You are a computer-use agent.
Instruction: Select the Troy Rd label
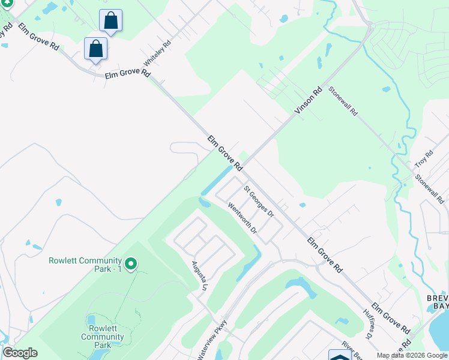click(x=424, y=160)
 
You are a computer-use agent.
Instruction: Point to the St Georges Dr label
click(x=259, y=202)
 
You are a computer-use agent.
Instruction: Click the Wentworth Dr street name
click(x=243, y=218)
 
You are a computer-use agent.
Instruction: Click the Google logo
click(x=20, y=353)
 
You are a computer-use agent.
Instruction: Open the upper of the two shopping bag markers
click(x=110, y=20)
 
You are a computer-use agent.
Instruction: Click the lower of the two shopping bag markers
click(x=96, y=49)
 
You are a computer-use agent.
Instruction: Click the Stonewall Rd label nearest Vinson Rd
click(x=343, y=102)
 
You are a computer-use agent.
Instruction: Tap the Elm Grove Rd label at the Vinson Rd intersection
click(x=224, y=152)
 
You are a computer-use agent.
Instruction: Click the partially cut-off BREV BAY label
click(x=438, y=302)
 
